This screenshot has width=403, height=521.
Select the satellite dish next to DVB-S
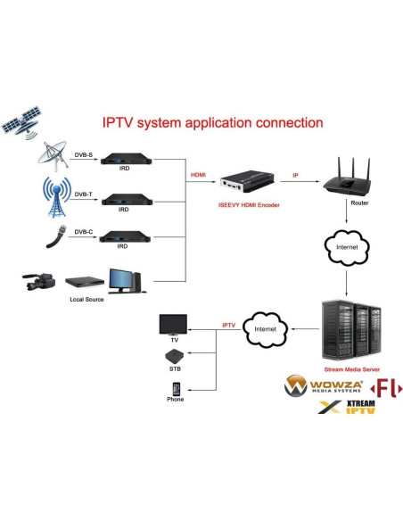[x=55, y=158]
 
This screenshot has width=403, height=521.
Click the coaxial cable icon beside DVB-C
[x=56, y=238]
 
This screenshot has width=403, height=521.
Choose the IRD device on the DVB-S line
[x=124, y=161]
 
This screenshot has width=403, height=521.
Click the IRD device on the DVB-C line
[x=124, y=236]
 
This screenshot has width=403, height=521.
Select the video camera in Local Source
[x=39, y=283]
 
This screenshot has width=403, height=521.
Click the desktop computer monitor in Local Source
[x=123, y=280]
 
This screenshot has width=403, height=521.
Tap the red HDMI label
[x=199, y=176]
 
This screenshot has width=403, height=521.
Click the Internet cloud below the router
[x=347, y=245]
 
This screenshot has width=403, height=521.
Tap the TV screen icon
[x=175, y=324]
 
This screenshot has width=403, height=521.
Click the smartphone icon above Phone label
[x=176, y=389]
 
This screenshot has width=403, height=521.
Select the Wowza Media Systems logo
[x=319, y=386]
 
